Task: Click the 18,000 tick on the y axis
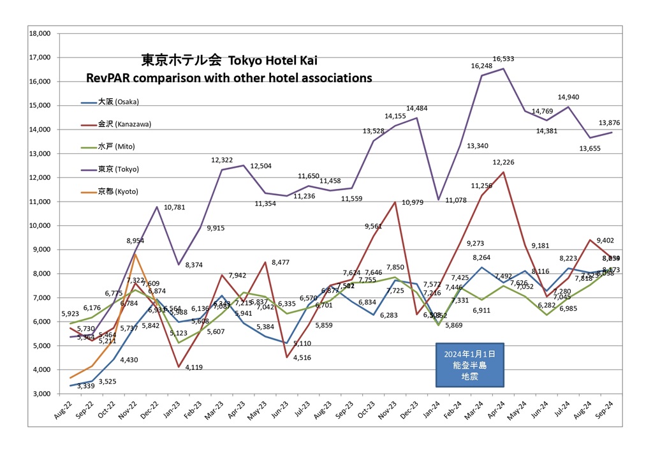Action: pos(40,33)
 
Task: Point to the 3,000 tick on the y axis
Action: pos(41,394)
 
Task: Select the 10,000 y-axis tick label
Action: pos(40,225)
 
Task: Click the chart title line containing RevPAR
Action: pos(229,78)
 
